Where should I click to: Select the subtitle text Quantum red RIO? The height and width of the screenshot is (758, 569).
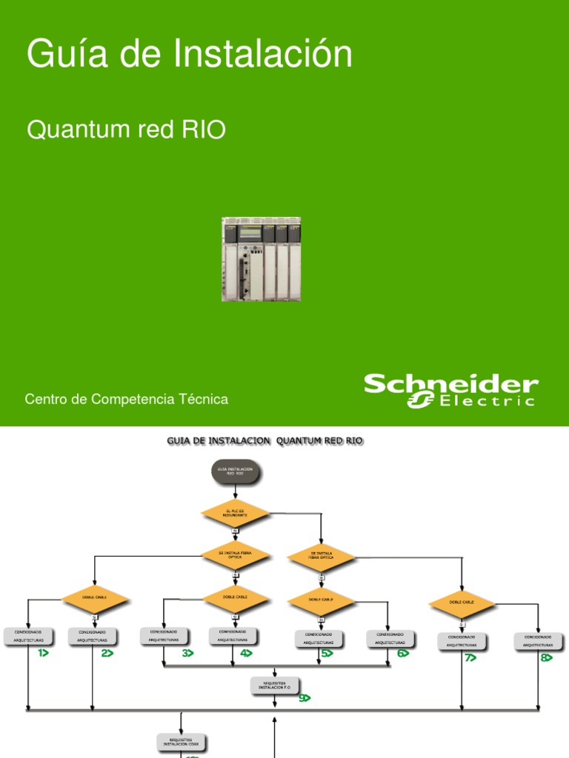126,130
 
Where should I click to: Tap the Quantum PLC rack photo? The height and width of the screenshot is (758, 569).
261,259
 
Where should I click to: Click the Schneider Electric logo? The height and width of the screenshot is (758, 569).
450,391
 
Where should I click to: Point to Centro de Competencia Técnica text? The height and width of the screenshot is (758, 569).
127,400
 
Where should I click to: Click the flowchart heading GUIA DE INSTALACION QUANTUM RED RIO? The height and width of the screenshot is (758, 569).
264,441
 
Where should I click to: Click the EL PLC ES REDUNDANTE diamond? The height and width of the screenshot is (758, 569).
234,512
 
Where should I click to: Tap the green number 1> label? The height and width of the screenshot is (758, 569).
39,653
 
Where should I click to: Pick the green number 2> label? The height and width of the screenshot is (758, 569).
107,653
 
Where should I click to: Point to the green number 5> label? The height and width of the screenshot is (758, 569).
327,654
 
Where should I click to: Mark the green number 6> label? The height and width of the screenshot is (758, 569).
403,654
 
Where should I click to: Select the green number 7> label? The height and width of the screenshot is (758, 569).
469,657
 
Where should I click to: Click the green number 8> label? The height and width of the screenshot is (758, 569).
547,657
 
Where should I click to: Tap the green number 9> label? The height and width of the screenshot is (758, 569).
305,697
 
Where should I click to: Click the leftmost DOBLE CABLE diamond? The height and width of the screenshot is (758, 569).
96,598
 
